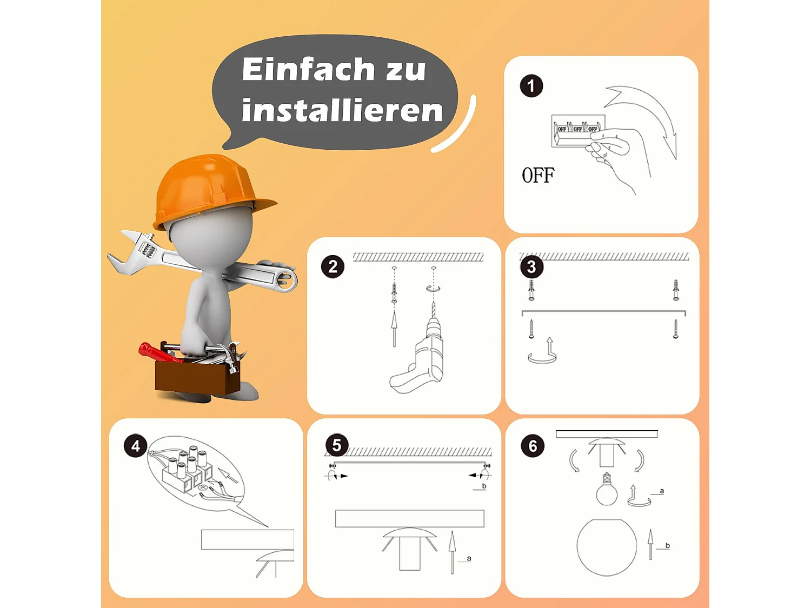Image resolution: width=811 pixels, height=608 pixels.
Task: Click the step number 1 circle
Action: [531, 86]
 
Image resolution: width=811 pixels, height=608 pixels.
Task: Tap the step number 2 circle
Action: [333, 266]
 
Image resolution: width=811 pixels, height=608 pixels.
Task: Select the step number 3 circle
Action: [531, 266]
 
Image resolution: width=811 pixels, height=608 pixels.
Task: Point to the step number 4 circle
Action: [136, 446]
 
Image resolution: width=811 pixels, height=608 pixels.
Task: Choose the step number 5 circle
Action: [337, 445]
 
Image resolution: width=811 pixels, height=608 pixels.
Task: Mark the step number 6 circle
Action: [533, 446]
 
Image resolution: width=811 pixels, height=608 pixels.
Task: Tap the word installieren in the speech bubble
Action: [342, 110]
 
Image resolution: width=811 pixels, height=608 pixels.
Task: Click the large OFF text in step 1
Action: [538, 175]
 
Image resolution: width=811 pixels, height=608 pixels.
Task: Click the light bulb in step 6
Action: [607, 489]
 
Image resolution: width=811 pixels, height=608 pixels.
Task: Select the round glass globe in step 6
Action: [607, 547]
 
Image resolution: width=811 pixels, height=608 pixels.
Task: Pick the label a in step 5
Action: [469, 558]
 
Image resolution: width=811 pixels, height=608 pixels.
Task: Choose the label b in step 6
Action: [667, 545]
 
